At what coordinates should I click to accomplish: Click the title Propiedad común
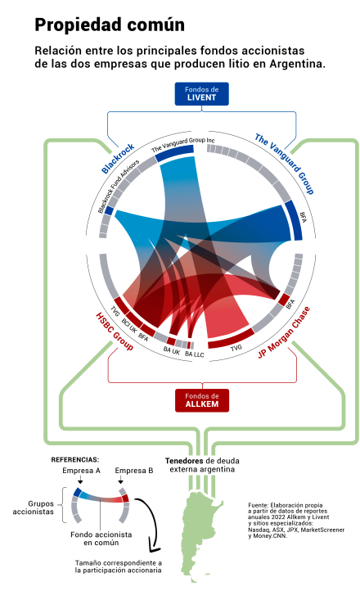(110, 25)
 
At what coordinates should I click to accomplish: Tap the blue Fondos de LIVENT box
(201, 94)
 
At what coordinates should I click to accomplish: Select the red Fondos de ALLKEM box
(202, 400)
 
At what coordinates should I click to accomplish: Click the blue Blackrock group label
(118, 158)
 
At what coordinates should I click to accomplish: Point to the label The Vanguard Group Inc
(183, 144)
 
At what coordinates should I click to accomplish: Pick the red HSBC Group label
(115, 332)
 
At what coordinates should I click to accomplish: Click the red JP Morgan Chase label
(284, 332)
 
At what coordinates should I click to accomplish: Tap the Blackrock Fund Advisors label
(119, 186)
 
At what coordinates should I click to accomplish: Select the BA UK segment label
(171, 351)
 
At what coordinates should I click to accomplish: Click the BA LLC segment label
(194, 354)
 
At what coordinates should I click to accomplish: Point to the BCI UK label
(128, 326)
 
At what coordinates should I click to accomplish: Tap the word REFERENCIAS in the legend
(74, 459)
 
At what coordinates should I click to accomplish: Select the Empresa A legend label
(81, 471)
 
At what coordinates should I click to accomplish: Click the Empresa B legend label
(134, 471)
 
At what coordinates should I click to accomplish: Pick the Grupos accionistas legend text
(34, 508)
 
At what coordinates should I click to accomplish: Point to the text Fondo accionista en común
(101, 539)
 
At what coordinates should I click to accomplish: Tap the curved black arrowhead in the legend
(153, 547)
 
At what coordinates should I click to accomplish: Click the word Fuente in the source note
(258, 505)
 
